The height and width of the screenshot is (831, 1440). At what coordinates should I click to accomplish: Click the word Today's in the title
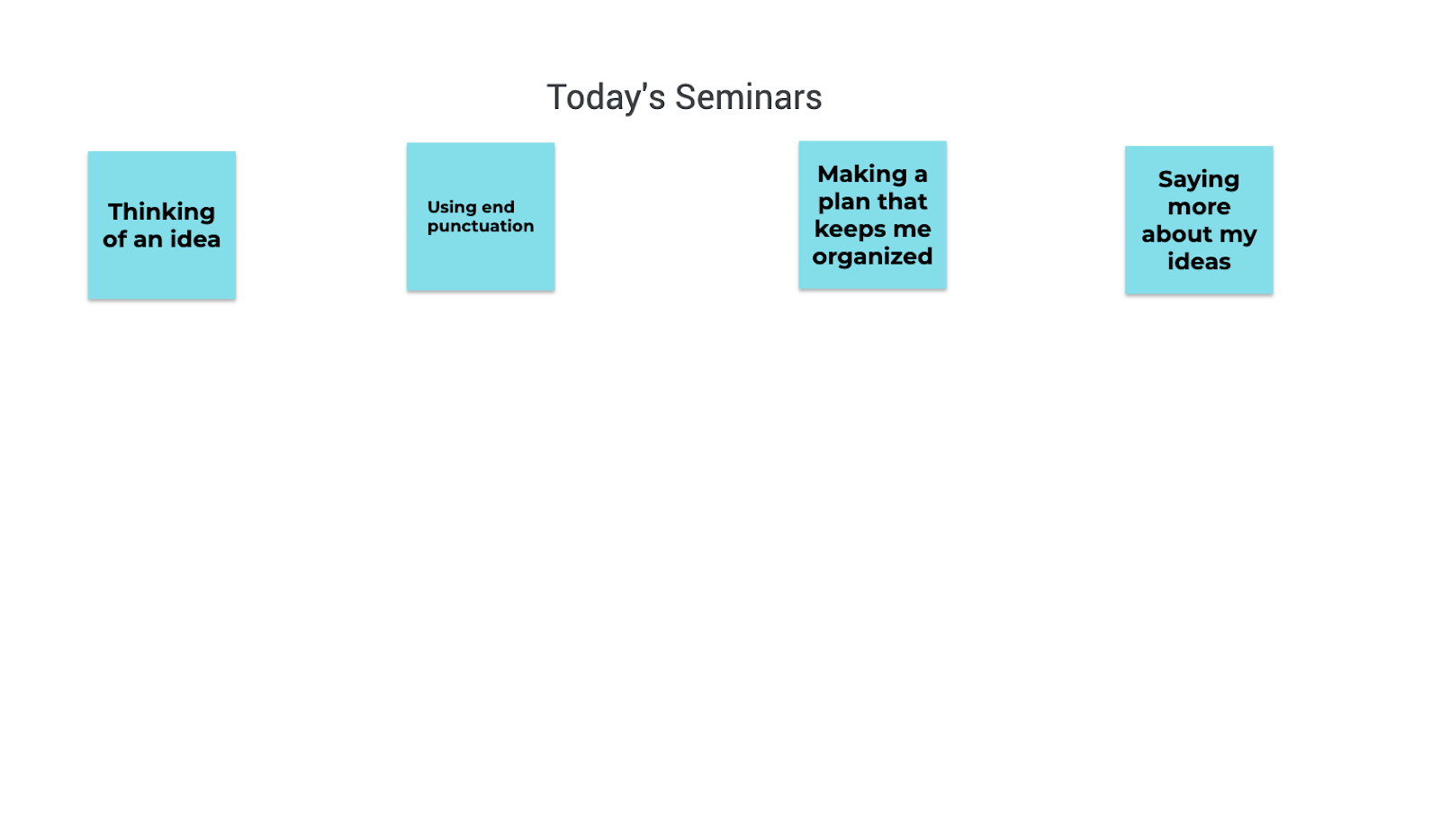pos(606,98)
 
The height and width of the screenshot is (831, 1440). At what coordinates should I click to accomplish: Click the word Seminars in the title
pos(748,97)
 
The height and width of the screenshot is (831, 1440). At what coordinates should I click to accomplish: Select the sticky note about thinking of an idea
pos(162,225)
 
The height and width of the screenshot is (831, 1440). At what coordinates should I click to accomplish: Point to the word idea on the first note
pos(194,239)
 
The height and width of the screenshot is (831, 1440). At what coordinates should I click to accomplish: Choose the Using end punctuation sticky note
pos(481,217)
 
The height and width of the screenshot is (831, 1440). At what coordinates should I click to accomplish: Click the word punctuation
pos(481,226)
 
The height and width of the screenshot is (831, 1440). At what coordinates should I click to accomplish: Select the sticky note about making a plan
pos(872,215)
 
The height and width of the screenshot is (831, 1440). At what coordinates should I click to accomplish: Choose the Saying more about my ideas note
pos(1199,220)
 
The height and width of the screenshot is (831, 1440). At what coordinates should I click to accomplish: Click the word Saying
pos(1199,180)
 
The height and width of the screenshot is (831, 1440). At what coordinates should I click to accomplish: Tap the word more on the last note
pos(1199,207)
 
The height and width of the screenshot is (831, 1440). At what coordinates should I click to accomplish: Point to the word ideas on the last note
pos(1199,262)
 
